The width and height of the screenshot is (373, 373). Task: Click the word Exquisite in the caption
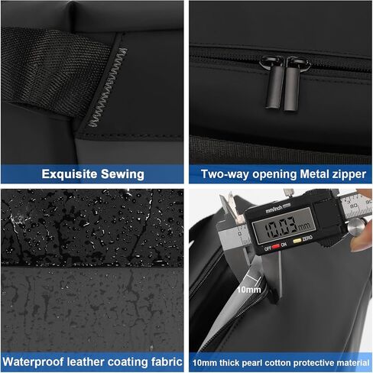[70, 174]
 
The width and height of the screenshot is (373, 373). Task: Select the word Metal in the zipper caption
[314, 174]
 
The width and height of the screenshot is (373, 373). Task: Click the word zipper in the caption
[349, 175]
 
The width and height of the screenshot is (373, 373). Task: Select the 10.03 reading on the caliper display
[281, 226]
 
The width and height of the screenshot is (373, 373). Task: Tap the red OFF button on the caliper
[276, 246]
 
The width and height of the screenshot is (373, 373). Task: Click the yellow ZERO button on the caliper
[297, 240]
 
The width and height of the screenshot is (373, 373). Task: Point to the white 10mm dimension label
[249, 290]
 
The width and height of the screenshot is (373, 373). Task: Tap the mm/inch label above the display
[274, 209]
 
